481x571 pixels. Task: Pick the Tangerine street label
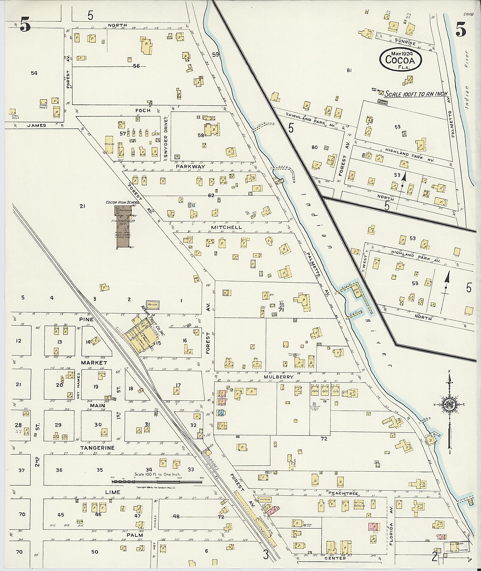[97, 448]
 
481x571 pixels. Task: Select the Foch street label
[143, 110]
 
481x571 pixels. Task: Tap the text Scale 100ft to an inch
[416, 94]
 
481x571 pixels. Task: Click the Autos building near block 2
[153, 305]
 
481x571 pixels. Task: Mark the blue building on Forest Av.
[220, 413]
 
